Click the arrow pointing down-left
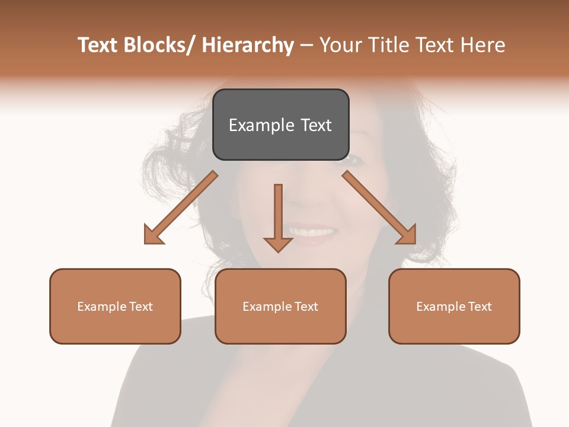(x=181, y=208)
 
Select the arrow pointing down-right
(x=379, y=208)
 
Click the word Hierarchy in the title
(x=248, y=45)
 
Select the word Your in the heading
(x=340, y=45)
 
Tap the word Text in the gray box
(x=316, y=125)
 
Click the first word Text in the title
(x=98, y=45)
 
